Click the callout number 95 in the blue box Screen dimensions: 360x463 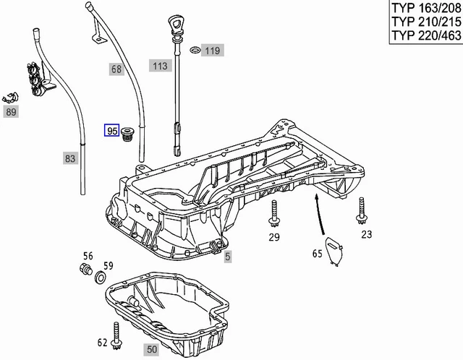point(112,131)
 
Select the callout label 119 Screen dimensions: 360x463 point(212,51)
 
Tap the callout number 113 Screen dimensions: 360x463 point(159,67)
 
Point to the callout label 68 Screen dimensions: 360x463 point(116,69)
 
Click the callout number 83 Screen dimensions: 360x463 point(69,158)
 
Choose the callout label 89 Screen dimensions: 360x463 point(11,112)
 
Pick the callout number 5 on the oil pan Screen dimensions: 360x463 point(226,256)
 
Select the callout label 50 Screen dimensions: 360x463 point(151,349)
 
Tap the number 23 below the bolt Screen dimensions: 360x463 point(366,233)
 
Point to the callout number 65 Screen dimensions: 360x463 point(316,254)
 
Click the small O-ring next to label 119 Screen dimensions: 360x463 point(194,51)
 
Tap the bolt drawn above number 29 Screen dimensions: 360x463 point(274,214)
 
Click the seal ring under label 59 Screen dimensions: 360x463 point(101,279)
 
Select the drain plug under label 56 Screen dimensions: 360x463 point(86,272)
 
